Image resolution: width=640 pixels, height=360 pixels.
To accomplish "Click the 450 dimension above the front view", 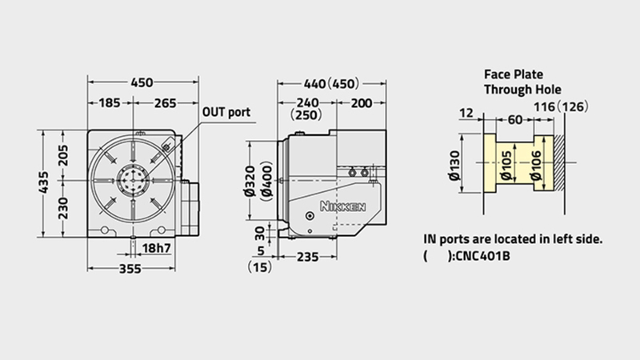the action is (142, 83).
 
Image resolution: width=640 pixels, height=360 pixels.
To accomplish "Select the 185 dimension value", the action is (110, 103).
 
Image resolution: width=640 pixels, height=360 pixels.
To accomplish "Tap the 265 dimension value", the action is (166, 103).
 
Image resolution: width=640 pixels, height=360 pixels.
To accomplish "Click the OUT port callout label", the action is (226, 112).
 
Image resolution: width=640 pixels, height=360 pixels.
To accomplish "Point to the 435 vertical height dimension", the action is (43, 183).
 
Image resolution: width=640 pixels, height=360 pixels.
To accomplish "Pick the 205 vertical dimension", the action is (63, 155).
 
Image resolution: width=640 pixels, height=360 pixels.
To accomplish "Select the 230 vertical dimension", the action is (63, 208).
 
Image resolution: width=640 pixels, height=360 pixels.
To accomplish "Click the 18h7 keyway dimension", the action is (156, 248).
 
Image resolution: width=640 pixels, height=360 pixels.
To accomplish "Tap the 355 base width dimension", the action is (130, 269).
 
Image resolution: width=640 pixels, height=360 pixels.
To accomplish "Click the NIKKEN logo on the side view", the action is (343, 206).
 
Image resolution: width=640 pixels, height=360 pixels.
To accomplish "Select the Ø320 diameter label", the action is (250, 182).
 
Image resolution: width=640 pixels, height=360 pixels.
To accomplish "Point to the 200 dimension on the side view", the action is (362, 103).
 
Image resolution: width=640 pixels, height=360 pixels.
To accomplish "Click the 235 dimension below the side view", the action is (307, 257).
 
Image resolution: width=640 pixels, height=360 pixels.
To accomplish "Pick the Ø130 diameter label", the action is (454, 166).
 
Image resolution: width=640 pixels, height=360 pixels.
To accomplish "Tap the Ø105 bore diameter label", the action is (506, 166).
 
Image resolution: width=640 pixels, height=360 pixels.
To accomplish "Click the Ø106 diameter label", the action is (535, 166).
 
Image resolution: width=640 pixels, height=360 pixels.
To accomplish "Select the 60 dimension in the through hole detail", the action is (515, 119).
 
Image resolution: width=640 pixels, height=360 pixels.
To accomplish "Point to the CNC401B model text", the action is (483, 256).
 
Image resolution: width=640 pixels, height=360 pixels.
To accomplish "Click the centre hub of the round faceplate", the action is (132, 180).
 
